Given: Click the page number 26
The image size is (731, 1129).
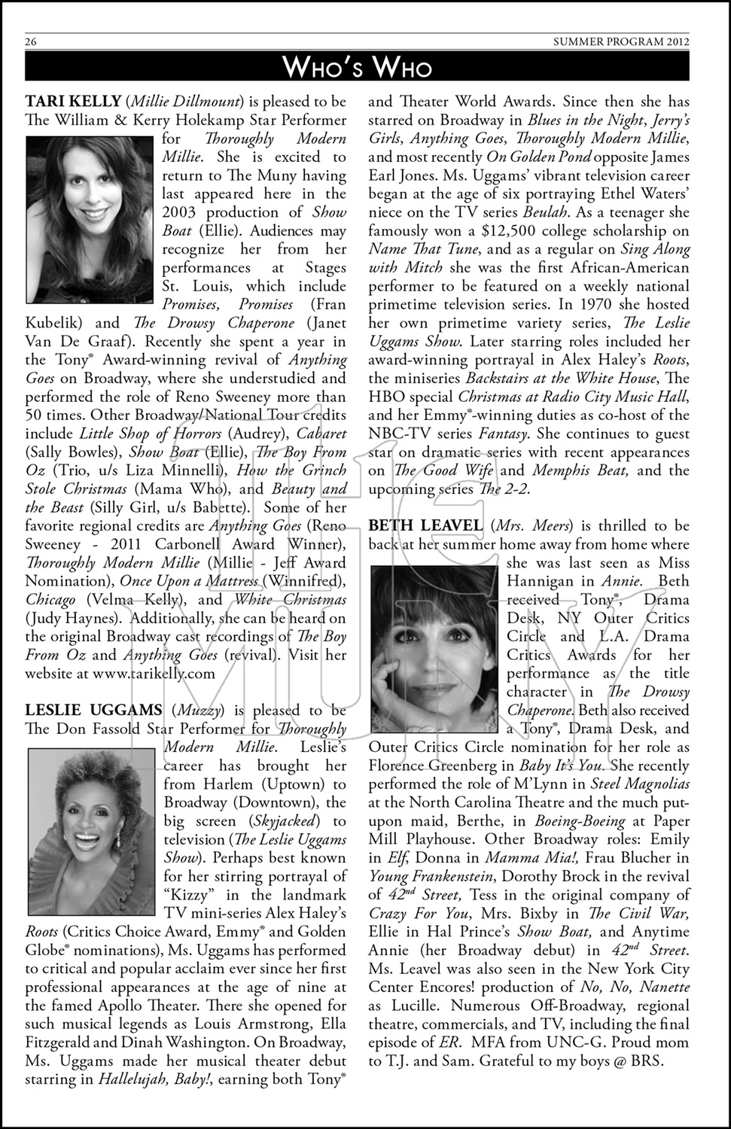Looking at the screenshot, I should coord(31,42).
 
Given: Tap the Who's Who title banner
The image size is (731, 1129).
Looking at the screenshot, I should coord(357,68).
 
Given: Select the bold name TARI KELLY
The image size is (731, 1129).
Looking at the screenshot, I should coord(73,102).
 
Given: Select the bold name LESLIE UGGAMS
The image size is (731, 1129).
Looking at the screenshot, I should coord(93,711).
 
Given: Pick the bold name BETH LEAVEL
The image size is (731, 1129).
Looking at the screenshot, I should coord(425,526).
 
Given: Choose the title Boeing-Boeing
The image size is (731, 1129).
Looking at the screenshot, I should coord(580,821).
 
